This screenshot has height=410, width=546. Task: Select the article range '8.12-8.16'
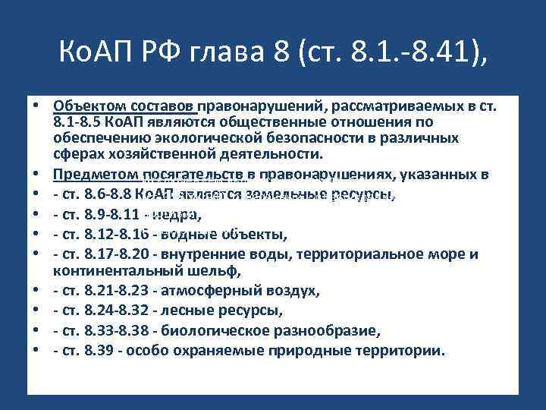click(116, 233)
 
